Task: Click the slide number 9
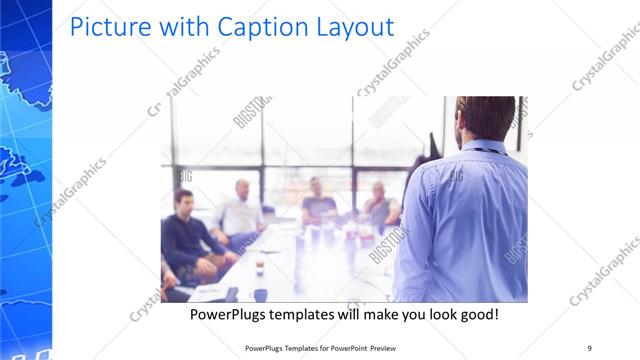[x=589, y=348]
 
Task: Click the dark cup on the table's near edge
[x=260, y=294]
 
